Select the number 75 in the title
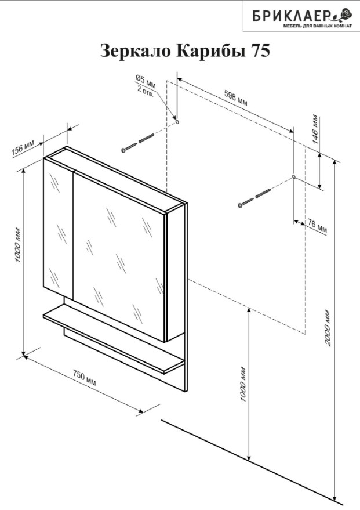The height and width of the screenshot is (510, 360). pos(260,51)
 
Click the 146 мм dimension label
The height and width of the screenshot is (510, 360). pos(315,129)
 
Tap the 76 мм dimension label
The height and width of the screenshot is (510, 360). pos(317,226)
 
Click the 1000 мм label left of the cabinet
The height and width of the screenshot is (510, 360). pos(19,246)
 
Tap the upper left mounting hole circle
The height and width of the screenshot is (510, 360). pos(177,122)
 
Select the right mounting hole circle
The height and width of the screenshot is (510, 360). pos(294,177)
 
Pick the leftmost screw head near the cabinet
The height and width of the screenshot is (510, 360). pos(123,150)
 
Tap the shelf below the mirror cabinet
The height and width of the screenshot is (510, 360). pos(114,338)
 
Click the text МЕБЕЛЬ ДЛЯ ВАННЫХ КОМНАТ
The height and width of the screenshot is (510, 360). pos(318,26)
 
